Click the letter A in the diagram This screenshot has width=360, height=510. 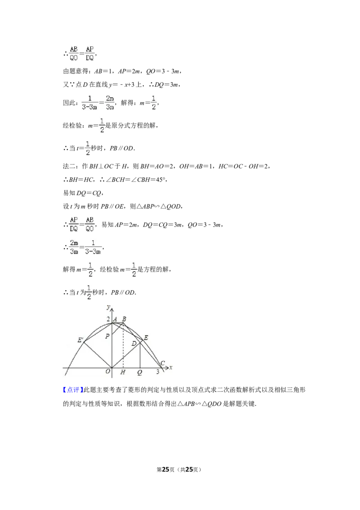coord(116,319)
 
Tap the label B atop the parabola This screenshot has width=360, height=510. coord(124,319)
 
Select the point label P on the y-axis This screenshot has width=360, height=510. coord(107,336)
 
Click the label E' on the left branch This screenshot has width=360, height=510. coord(80,340)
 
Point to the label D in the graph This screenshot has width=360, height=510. coord(134,344)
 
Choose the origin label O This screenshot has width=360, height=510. coord(108,372)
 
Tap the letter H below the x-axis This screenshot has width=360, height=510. coord(123,372)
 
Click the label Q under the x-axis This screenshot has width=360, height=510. coord(139,372)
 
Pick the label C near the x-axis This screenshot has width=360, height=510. coord(162,363)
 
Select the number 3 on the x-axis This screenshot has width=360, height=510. coord(157,372)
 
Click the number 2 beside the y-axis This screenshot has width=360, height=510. coord(108,319)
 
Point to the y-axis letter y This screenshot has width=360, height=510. coord(108,307)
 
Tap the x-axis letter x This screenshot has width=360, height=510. coord(171,368)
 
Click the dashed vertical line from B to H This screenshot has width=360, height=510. coord(123,347)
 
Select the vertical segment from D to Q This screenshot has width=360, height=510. coord(140,356)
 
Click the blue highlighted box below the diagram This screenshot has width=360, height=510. coord(72,389)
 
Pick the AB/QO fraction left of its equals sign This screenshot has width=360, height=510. coord(73,52)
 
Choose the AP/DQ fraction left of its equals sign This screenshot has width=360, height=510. coord(73,223)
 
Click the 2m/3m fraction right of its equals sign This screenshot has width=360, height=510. coord(109,102)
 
